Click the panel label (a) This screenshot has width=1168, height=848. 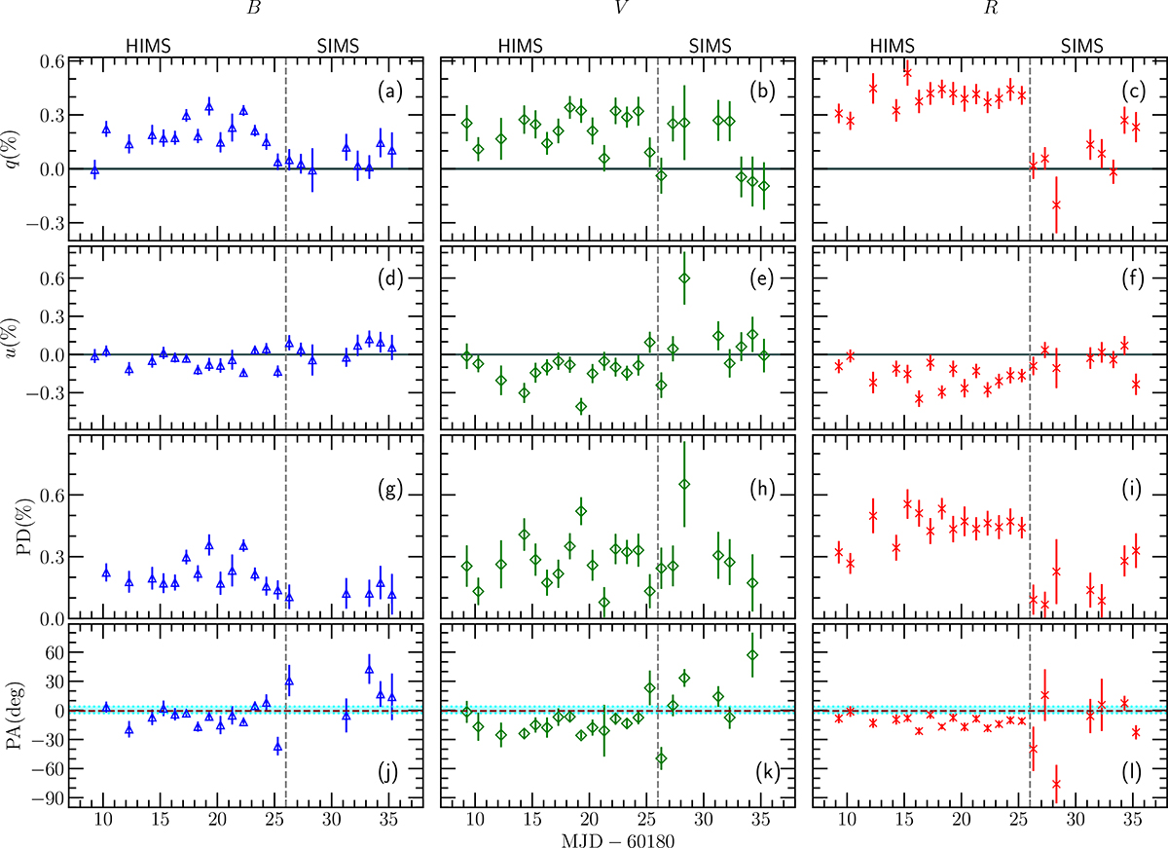tap(390, 92)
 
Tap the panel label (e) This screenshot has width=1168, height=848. tap(762, 279)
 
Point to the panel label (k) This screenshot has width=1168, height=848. tap(768, 772)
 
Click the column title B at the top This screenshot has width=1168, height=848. tap(253, 9)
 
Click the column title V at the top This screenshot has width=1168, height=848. tap(620, 9)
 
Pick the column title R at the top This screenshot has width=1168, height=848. tap(990, 9)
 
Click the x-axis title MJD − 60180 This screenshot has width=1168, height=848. tap(618, 839)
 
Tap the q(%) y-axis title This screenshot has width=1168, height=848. tap(14, 149)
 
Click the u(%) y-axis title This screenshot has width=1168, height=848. tap(14, 338)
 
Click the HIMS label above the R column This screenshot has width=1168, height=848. tap(893, 46)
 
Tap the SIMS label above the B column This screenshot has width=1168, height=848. tap(338, 46)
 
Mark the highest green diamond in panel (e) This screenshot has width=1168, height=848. tap(684, 278)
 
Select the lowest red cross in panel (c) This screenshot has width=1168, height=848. tap(1056, 204)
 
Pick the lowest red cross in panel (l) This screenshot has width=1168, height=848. tap(1056, 784)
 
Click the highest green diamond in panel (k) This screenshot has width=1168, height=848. tap(751, 655)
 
